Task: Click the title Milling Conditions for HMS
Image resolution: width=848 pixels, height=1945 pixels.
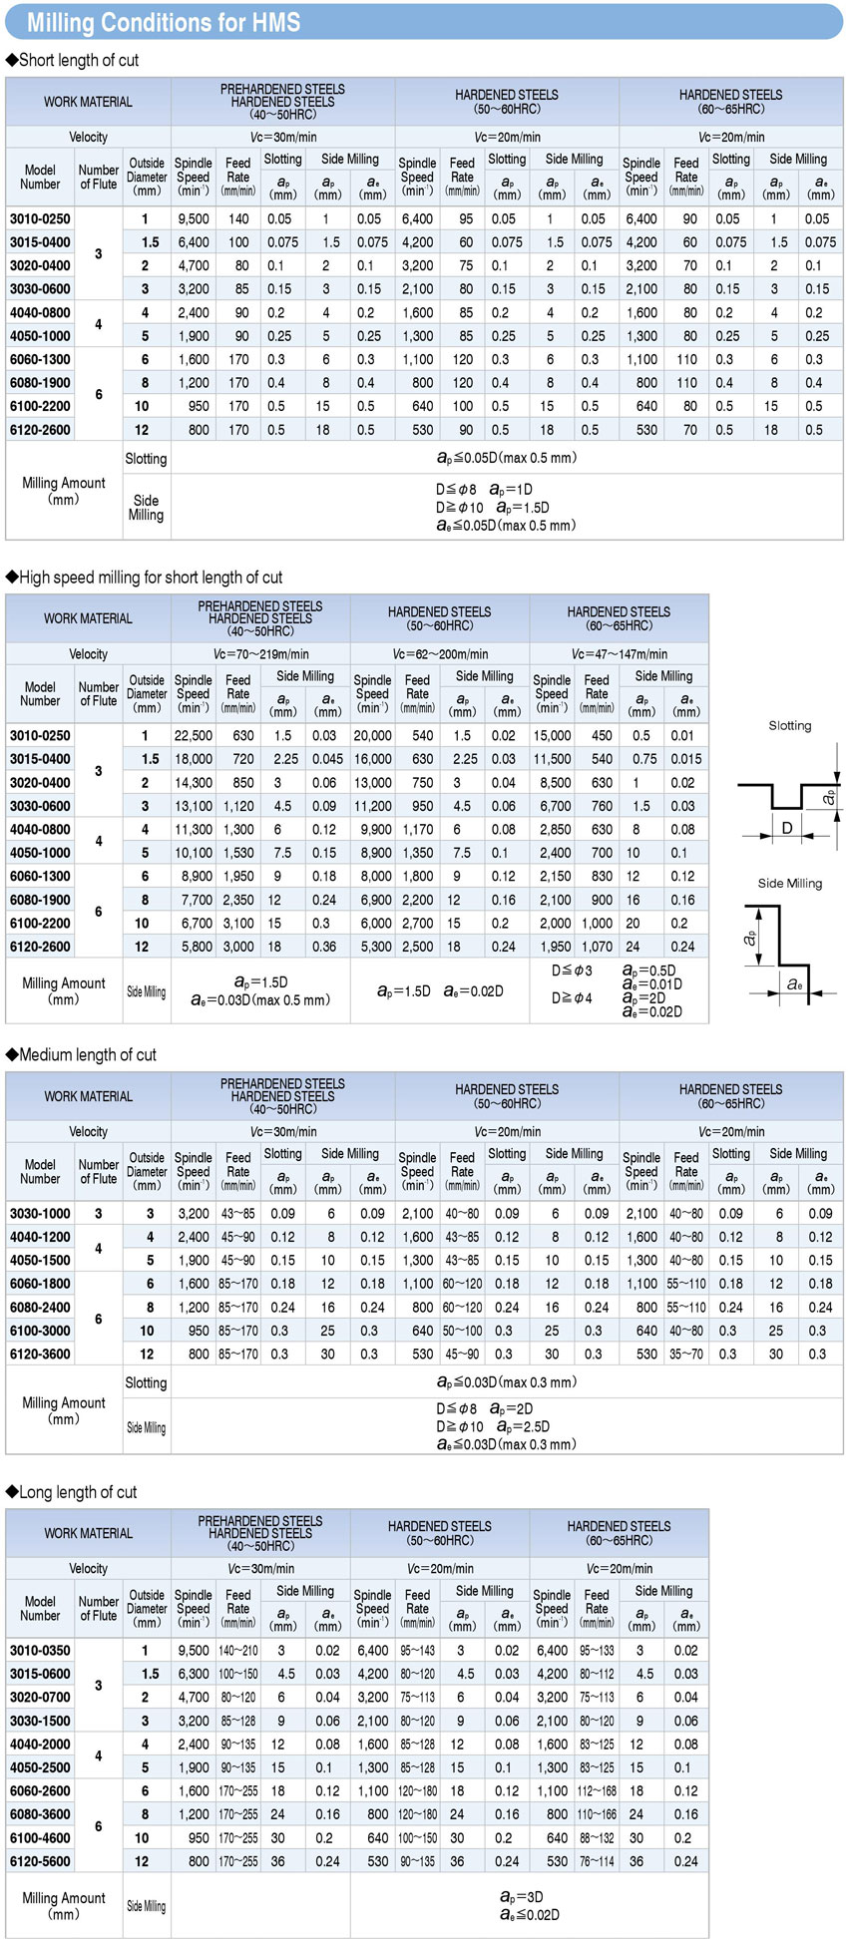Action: [x=164, y=22]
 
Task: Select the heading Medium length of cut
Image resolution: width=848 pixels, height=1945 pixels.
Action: [x=87, y=1054]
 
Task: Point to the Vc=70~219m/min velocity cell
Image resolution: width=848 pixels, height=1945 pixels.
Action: [x=260, y=654]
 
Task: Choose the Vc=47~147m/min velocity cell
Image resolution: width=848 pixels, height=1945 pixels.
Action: [x=620, y=654]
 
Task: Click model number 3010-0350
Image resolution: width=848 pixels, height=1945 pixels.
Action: [x=40, y=1651]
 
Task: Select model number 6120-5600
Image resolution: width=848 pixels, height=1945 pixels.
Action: [x=40, y=1861]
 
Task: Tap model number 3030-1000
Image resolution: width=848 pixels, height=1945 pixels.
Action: [x=40, y=1214]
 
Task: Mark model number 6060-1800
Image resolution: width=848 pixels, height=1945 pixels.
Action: [x=40, y=1284]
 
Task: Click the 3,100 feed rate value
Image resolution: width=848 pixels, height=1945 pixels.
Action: [x=237, y=923]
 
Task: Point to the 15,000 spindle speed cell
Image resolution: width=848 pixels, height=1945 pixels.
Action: [x=552, y=735]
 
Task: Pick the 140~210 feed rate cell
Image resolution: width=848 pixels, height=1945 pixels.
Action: [x=238, y=1651]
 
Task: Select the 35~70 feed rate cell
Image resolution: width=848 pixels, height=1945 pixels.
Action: [x=686, y=1355]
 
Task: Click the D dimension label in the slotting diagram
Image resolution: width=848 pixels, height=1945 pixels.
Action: [x=787, y=828]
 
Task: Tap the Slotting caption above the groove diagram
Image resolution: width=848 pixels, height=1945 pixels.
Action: [x=790, y=725]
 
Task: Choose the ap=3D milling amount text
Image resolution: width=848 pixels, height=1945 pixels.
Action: [x=521, y=1897]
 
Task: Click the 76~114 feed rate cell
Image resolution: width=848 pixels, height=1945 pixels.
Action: [x=597, y=1861]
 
